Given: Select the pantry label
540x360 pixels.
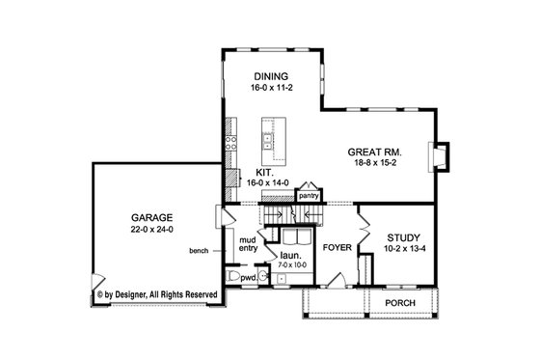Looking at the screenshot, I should tap(309, 194).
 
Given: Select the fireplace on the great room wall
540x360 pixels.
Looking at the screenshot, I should tap(441, 156).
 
